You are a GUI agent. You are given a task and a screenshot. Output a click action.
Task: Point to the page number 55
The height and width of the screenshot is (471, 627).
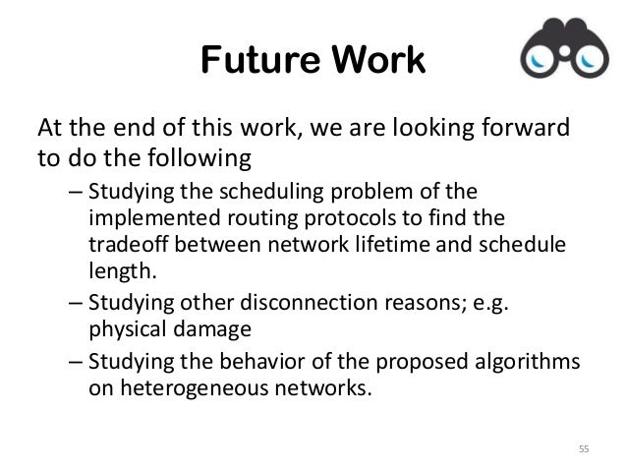tap(583, 449)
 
